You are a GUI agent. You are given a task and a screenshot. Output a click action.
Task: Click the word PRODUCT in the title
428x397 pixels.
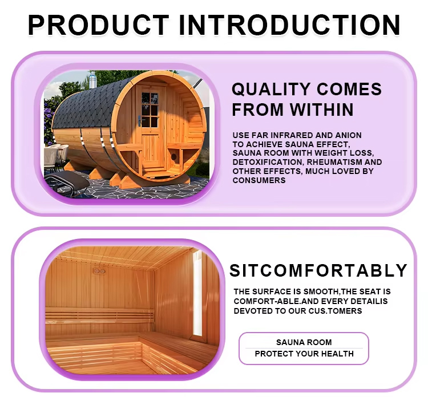(99, 25)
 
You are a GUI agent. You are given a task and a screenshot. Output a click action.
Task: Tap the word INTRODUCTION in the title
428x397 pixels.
(289, 25)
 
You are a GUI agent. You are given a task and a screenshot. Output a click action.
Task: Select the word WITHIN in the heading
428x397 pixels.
(321, 110)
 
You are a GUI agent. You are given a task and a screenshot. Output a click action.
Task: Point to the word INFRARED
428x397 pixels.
(290, 135)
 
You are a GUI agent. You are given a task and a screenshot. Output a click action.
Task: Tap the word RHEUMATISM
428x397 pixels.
(334, 162)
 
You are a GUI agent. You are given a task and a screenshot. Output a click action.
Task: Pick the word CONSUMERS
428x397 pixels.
(259, 180)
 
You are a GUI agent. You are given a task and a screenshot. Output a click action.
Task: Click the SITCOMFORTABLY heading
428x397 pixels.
(318, 271)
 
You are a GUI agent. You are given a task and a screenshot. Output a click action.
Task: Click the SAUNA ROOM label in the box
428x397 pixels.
(304, 342)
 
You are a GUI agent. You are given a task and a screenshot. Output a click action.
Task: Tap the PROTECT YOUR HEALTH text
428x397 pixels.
(304, 354)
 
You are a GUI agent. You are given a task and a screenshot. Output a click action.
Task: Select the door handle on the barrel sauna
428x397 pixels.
(140, 120)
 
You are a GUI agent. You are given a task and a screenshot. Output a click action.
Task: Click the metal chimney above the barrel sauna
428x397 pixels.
(92, 79)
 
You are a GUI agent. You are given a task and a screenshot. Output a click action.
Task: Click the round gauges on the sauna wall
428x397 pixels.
(99, 271)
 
